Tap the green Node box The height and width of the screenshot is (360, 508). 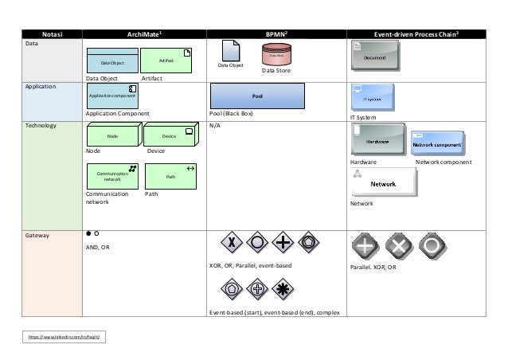pyautogui.click(x=112, y=135)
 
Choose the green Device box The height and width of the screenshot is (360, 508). pyautogui.click(x=169, y=135)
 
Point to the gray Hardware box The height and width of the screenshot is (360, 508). pyautogui.click(x=377, y=139)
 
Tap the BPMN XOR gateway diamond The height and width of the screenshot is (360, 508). pyautogui.click(x=231, y=242)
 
